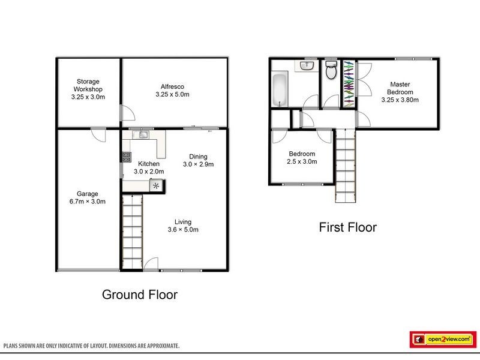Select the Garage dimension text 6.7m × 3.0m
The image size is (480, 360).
tap(87, 202)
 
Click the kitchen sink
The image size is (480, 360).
tap(144, 136)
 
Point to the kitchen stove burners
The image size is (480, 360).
tap(127, 158)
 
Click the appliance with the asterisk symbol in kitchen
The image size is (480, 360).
tap(157, 185)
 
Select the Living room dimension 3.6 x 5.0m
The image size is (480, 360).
tap(182, 230)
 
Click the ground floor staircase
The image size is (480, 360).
tap(133, 231)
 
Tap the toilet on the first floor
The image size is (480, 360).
tap(329, 71)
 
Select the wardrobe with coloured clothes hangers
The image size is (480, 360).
tap(348, 84)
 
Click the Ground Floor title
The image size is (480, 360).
tap(139, 295)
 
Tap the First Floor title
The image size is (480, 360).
tap(348, 227)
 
